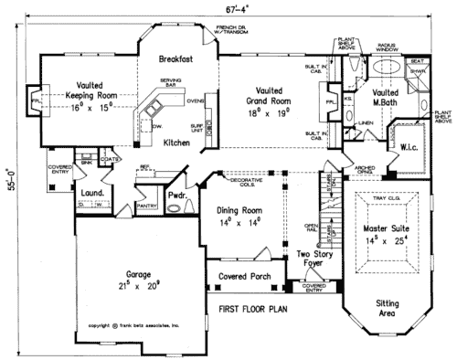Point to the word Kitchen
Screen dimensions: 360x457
tap(177, 143)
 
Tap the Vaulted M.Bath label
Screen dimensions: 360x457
tap(387, 98)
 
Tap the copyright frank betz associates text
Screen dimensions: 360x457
tap(135, 324)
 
